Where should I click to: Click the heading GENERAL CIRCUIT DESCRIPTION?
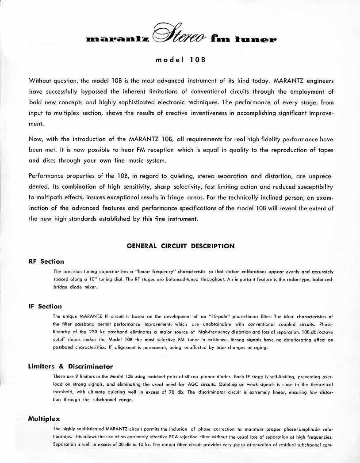(x=180, y=246)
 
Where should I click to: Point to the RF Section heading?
(x=46, y=261)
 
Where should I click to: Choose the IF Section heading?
(x=45, y=306)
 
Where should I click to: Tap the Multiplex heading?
(x=44, y=418)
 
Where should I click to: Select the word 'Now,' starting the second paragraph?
(x=37, y=139)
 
